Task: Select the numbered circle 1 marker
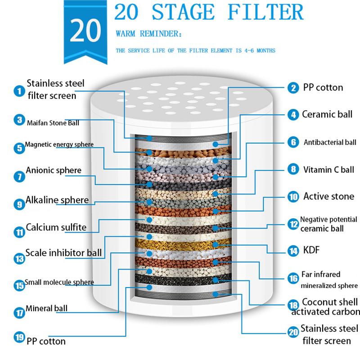tap(18, 91)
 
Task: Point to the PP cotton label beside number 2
tap(323, 87)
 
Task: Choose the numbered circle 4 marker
tap(293, 114)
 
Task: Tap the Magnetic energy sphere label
tap(59, 145)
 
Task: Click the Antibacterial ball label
tap(329, 142)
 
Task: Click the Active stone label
tap(328, 197)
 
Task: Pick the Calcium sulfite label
tap(56, 227)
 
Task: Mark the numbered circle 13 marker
tap(18, 258)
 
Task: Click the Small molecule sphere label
tap(59, 282)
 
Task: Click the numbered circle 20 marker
tap(293, 333)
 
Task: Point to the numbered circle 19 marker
tap(18, 337)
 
